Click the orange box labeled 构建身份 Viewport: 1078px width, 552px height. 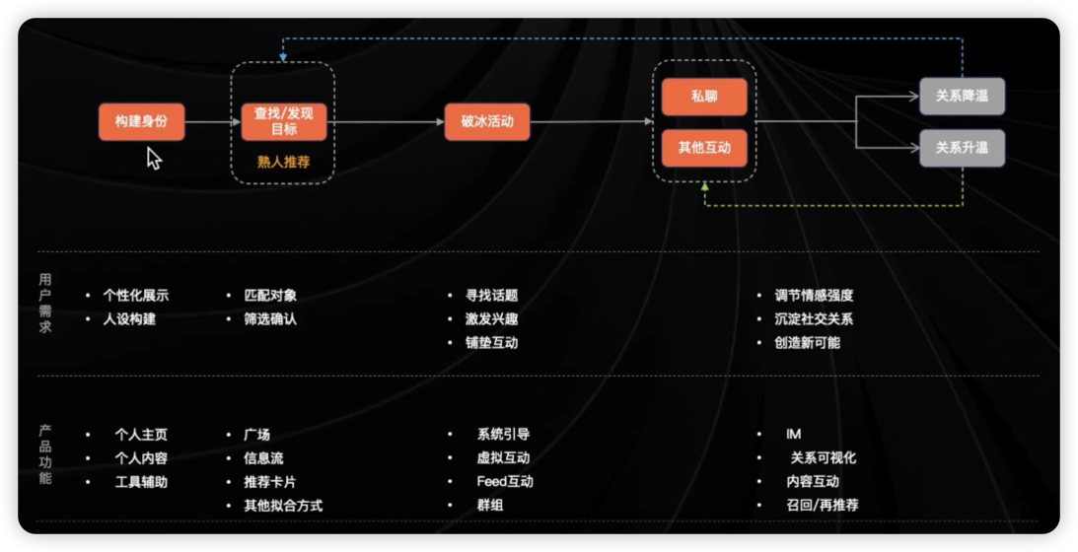pyautogui.click(x=142, y=121)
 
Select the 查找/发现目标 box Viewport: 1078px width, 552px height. pyautogui.click(x=284, y=121)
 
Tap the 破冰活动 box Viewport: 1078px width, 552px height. pyautogui.click(x=487, y=121)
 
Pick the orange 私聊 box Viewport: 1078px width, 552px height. pyautogui.click(x=704, y=97)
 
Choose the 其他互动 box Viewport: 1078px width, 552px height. pyautogui.click(x=704, y=148)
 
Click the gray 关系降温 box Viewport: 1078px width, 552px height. pyautogui.click(x=962, y=97)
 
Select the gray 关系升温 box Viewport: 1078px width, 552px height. pyautogui.click(x=962, y=148)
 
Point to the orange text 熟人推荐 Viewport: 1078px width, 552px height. pyautogui.click(x=284, y=163)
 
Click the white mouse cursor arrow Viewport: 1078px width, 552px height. pyautogui.click(x=153, y=158)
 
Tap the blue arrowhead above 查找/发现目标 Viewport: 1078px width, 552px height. pyautogui.click(x=283, y=58)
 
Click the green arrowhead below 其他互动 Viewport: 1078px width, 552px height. pyautogui.click(x=704, y=186)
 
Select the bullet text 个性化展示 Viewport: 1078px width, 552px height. pyautogui.click(x=136, y=296)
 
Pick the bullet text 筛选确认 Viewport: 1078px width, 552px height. pyautogui.click(x=270, y=319)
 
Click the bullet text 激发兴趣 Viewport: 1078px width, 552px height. pyautogui.click(x=491, y=319)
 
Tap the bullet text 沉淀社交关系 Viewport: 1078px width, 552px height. pyautogui.click(x=814, y=319)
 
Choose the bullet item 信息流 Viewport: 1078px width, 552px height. pyautogui.click(x=263, y=457)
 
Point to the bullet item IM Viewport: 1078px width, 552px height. pyautogui.click(x=793, y=434)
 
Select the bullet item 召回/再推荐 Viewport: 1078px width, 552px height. pyautogui.click(x=823, y=505)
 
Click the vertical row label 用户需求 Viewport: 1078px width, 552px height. pyautogui.click(x=44, y=304)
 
